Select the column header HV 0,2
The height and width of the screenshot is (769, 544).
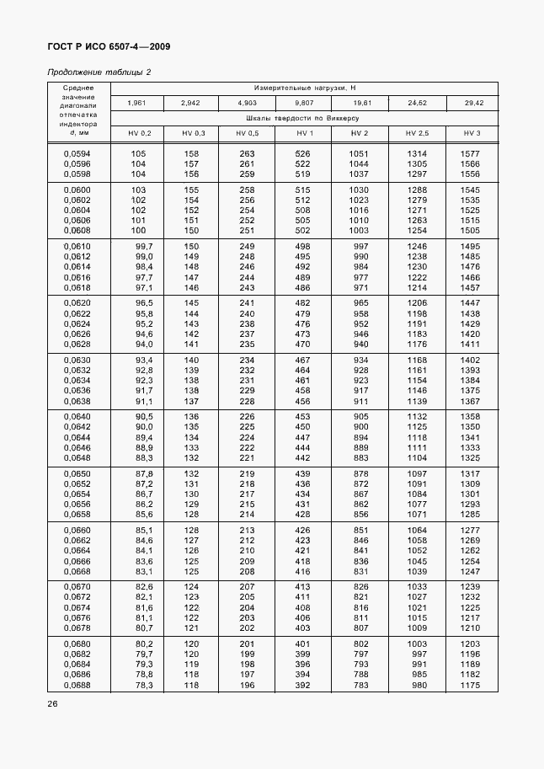click(x=140, y=134)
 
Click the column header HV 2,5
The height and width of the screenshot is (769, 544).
click(x=417, y=134)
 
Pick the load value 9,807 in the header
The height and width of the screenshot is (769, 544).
click(x=305, y=103)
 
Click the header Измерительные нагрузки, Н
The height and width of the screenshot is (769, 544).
click(x=305, y=88)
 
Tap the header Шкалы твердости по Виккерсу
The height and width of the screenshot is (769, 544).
click(x=305, y=119)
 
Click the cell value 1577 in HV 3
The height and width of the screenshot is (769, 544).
click(x=470, y=153)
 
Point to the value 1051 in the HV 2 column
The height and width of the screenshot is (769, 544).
click(x=360, y=153)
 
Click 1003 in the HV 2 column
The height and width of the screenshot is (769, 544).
click(x=360, y=230)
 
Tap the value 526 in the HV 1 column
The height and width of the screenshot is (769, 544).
click(x=304, y=153)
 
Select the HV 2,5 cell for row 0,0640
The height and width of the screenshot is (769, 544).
click(x=417, y=416)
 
